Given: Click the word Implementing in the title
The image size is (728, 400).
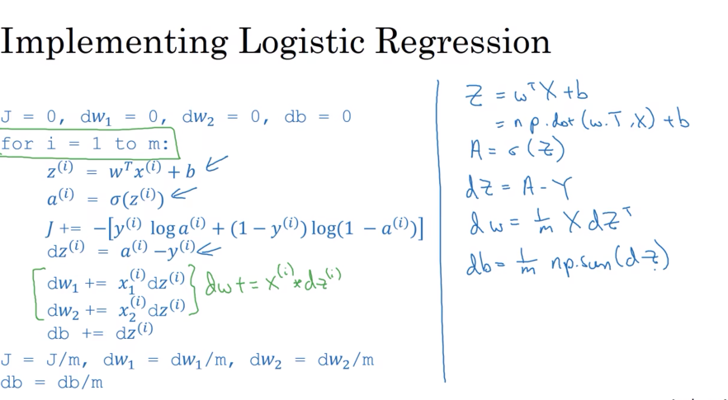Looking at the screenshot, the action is coord(114,42).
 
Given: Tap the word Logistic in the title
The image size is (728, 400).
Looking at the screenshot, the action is coord(301,41).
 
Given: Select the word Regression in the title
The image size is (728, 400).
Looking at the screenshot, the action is coord(463,42).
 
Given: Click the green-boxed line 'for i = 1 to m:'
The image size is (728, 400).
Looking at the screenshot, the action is coord(85,144).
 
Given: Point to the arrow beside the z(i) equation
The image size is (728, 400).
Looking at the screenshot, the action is coord(216,163).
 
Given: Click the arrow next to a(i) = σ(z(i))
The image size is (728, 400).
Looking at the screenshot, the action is coord(184,193).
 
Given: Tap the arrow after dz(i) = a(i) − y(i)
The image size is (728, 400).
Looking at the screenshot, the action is coord(209,251).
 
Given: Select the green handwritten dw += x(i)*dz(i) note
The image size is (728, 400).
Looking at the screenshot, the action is coord(273,280).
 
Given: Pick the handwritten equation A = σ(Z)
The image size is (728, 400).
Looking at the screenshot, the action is coord(517,150).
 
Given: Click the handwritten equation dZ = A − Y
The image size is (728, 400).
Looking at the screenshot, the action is coord(518,187).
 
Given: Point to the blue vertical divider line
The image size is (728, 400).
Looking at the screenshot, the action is coord(441,231).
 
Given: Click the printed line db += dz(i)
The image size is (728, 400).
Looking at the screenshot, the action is coord(100,332).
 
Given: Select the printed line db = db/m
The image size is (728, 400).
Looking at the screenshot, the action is coord(51,383).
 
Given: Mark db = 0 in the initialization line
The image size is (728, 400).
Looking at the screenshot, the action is coord(318,116).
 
